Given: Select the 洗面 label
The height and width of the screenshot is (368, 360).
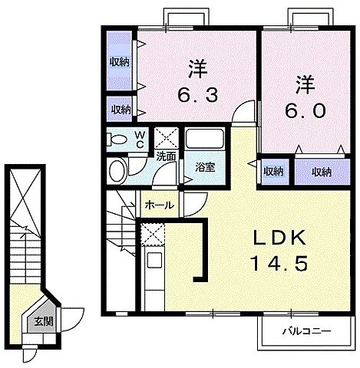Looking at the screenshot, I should point(166,156).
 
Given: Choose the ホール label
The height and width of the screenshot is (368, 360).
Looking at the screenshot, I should point(158,205).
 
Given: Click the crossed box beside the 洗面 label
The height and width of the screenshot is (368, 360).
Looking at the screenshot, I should point(165,138).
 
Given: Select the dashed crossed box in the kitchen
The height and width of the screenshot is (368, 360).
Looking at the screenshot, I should point(150,235).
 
